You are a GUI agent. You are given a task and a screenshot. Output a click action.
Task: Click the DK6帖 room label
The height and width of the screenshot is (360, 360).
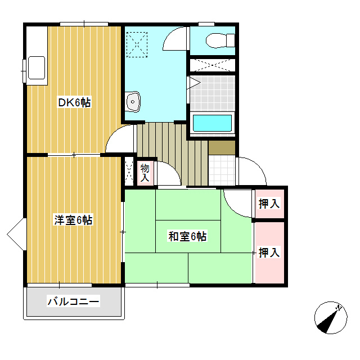[x=75, y=102]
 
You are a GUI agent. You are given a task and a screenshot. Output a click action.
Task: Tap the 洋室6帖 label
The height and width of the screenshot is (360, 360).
[x=73, y=220]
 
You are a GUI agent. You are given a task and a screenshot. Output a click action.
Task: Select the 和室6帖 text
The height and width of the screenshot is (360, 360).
[x=188, y=236]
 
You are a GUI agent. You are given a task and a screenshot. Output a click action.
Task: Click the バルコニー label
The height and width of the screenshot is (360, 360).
[x=73, y=302]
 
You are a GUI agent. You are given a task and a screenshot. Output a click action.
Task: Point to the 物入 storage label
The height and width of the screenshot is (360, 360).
[x=145, y=173]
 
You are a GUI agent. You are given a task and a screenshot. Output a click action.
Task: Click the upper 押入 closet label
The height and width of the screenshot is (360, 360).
[x=269, y=204]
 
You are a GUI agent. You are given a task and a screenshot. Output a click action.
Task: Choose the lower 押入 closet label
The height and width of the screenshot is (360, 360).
[x=269, y=253]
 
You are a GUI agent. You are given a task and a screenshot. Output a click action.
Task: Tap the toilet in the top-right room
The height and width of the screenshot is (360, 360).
[x=217, y=40]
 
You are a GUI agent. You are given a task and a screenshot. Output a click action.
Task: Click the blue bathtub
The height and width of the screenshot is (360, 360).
[x=213, y=123]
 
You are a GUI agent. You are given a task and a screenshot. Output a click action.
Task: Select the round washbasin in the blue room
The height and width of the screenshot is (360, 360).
[x=134, y=101]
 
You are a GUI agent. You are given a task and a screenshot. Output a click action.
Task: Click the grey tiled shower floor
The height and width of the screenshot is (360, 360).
[x=211, y=93]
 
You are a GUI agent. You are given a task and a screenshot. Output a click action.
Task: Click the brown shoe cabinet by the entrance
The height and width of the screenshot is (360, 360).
[x=222, y=147]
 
